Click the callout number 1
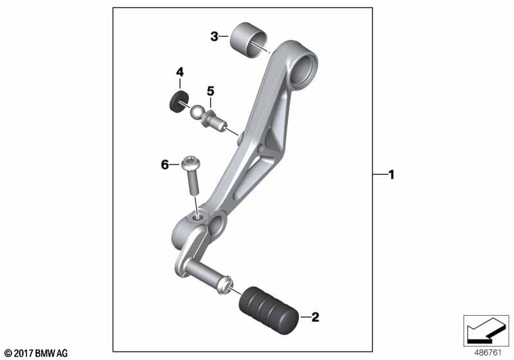click(x=391, y=175)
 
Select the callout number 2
click(x=315, y=317)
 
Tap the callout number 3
click(x=214, y=37)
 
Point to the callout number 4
click(x=180, y=72)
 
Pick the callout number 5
click(x=211, y=91)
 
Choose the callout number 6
click(x=164, y=165)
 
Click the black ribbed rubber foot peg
click(x=269, y=310)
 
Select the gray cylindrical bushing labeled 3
click(x=248, y=40)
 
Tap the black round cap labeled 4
click(x=179, y=102)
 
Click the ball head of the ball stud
click(x=197, y=112)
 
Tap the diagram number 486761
click(x=488, y=352)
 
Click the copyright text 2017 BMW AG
click(x=37, y=354)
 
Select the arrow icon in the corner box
click(x=486, y=330)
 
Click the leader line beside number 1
click(x=380, y=175)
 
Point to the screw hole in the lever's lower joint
click(x=197, y=217)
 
